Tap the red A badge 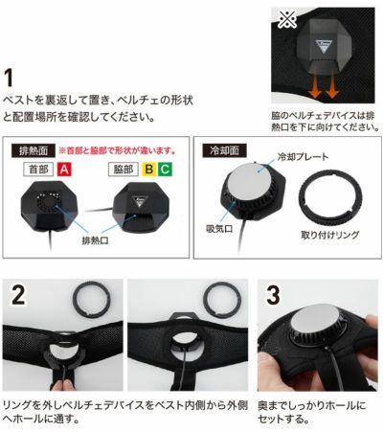click(65, 169)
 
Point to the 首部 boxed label click(39, 169)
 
